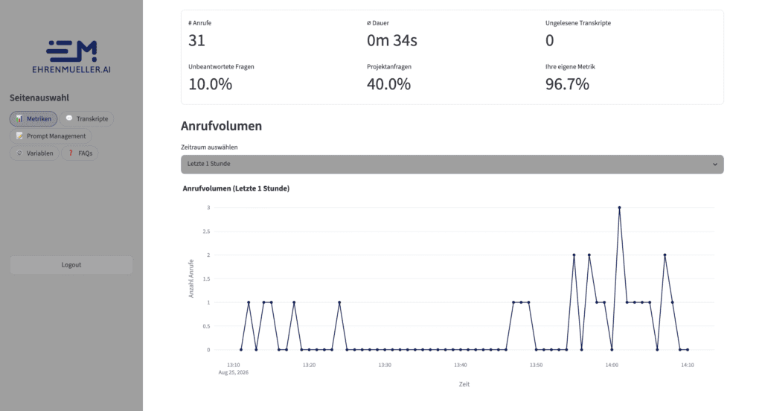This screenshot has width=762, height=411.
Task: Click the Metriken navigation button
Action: coord(33,118)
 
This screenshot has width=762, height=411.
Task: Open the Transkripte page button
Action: coord(86,118)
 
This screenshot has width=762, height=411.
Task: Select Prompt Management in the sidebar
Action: coord(51,136)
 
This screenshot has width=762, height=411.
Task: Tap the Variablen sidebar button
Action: coord(34,153)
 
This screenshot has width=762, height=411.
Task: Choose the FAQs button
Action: coord(80,153)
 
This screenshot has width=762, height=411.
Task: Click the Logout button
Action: coord(71,265)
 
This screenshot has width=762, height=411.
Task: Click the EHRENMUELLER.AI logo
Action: coord(71,57)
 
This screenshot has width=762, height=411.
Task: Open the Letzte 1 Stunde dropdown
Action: coord(452,164)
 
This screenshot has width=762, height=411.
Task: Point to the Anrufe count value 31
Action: coord(196,40)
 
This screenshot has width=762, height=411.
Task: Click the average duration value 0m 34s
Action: coord(391,40)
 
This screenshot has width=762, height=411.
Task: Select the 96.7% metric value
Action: coord(567,84)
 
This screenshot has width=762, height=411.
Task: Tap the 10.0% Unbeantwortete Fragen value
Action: coord(210,84)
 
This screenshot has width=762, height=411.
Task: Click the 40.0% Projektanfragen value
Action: coord(388,84)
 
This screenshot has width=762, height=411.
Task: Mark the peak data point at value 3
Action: coord(619,208)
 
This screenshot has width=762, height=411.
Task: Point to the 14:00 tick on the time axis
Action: coord(612,365)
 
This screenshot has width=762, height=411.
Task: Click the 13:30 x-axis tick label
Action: coord(385,365)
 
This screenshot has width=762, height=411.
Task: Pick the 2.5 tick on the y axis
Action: coord(207,232)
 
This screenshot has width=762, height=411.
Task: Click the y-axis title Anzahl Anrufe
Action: coord(191,278)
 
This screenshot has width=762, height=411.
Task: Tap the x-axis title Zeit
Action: coord(464,384)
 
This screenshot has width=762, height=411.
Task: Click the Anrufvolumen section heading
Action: coord(221,126)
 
